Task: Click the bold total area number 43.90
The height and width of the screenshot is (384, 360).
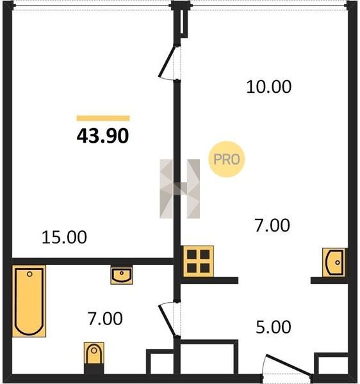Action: (102, 136)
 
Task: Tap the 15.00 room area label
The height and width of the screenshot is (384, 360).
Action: (64, 237)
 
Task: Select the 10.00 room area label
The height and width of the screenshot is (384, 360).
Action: (269, 86)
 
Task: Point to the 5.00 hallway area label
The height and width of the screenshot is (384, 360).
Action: (274, 327)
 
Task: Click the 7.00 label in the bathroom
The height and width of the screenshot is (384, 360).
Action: (105, 319)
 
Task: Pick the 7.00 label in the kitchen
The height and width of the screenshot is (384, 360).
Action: (272, 225)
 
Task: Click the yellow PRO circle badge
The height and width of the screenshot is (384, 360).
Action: (227, 159)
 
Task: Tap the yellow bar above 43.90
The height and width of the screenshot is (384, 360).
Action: (103, 118)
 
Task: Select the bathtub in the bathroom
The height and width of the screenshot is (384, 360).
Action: (29, 301)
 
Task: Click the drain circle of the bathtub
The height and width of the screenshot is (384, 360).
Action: (29, 274)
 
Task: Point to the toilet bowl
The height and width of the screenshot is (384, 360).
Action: (94, 353)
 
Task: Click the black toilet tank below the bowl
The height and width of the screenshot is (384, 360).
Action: (94, 369)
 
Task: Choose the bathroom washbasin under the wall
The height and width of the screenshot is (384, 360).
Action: (122, 275)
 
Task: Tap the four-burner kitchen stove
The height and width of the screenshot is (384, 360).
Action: (199, 261)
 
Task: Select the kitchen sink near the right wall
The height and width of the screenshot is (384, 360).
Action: (334, 262)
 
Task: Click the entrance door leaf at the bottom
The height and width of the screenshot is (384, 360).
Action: (289, 365)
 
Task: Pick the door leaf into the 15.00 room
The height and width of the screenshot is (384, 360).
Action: (167, 62)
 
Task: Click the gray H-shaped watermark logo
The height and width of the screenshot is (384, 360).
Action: (179, 189)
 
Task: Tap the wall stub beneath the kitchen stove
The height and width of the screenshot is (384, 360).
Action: (209, 280)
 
